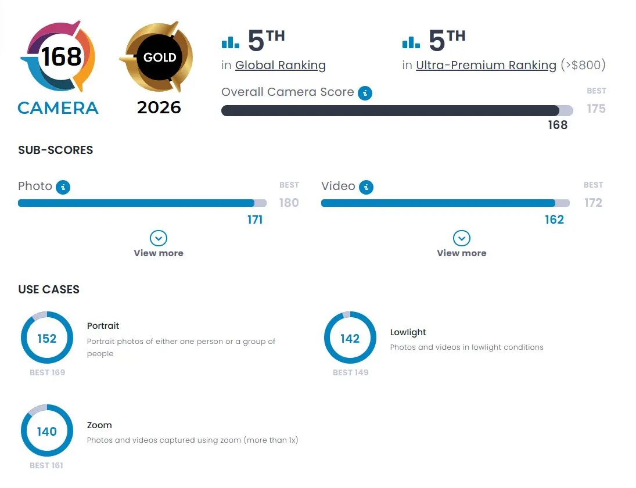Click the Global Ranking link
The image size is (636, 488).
pyautogui.click(x=281, y=65)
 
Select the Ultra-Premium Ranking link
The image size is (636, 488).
pyautogui.click(x=486, y=65)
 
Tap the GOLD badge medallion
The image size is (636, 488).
pyautogui.click(x=159, y=57)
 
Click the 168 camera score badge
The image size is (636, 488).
pyautogui.click(x=59, y=56)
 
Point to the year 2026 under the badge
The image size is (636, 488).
pyautogui.click(x=159, y=107)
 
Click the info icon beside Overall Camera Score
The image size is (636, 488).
pyautogui.click(x=365, y=93)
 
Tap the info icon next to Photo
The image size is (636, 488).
pyautogui.click(x=63, y=187)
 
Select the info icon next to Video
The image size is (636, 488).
pyautogui.click(x=366, y=187)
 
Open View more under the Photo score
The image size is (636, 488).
pyautogui.click(x=159, y=244)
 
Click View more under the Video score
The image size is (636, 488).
pyautogui.click(x=462, y=244)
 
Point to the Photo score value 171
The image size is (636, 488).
pyautogui.click(x=255, y=220)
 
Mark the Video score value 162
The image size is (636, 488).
pyautogui.click(x=555, y=220)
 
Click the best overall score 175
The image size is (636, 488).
pyautogui.click(x=597, y=109)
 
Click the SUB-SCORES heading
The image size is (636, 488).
pyautogui.click(x=56, y=150)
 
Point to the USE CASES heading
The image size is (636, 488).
pyautogui.click(x=49, y=290)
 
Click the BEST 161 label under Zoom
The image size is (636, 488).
pyautogui.click(x=46, y=465)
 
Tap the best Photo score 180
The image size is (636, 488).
pyautogui.click(x=289, y=203)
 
